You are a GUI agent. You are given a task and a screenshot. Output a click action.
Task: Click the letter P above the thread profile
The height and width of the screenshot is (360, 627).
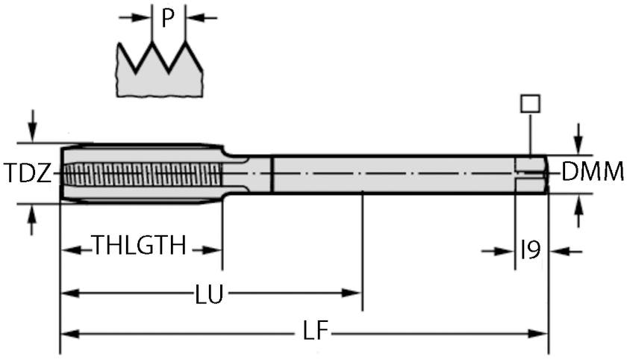168,18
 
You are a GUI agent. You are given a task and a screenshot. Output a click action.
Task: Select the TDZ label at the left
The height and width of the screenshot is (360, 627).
28,174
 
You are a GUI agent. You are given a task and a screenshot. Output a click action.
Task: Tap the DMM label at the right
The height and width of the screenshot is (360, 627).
592,173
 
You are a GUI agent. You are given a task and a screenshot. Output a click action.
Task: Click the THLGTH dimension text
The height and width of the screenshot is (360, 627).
139,246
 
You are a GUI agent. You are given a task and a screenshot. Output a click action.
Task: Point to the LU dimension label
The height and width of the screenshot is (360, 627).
209,294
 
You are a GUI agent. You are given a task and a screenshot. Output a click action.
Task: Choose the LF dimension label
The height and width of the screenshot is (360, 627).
316,332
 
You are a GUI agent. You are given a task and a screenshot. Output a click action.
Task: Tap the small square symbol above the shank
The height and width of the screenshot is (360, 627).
530,103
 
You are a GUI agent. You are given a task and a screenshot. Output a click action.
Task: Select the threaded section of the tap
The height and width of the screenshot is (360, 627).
142,174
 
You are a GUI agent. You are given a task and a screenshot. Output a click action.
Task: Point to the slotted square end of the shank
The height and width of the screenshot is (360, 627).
531,174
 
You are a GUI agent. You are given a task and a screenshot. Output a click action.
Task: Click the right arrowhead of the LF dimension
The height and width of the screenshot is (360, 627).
540,333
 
